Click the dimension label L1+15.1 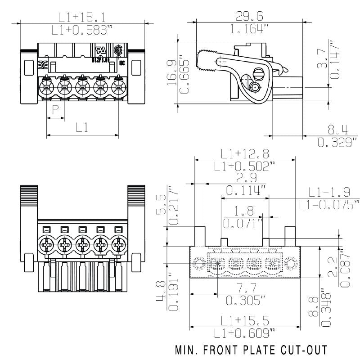tap(82, 18)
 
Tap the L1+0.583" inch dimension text tap(82, 30)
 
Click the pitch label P tap(55, 110)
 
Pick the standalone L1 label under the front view tap(81, 127)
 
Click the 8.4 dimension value tap(337, 130)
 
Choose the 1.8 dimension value tap(244, 210)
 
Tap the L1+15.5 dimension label tap(245, 320)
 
